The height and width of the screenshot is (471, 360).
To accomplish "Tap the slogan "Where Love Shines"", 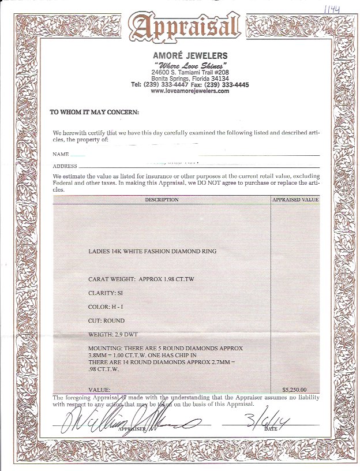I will (x=190, y=64).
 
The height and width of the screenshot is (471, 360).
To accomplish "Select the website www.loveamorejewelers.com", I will (x=190, y=91).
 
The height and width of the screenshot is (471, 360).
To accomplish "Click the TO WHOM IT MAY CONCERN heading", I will (x=94, y=113).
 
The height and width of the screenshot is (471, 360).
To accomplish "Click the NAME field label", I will (x=61, y=155).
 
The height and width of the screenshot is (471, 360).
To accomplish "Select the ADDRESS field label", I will (x=65, y=166).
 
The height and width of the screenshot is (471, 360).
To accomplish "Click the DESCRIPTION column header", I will (x=162, y=200).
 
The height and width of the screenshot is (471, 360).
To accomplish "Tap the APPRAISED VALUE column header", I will (x=295, y=200).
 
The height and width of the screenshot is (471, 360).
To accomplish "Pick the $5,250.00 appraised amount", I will (x=294, y=389).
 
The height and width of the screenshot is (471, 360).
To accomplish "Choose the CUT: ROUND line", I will (x=106, y=320).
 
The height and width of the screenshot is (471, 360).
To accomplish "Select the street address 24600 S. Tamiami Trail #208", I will (x=190, y=72).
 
